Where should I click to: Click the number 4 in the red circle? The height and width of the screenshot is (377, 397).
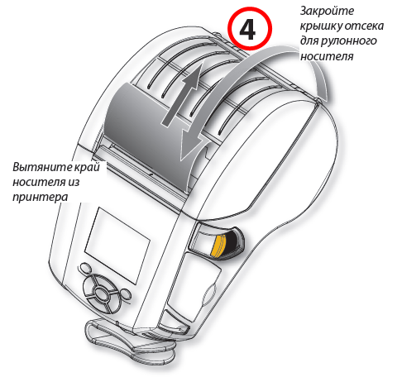click(x=247, y=30)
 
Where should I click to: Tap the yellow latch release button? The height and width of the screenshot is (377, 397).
click(x=218, y=246)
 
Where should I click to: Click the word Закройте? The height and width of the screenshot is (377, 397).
click(x=327, y=11)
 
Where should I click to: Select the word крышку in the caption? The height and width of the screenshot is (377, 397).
click(x=321, y=26)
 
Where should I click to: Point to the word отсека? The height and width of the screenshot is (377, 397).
click(x=364, y=26)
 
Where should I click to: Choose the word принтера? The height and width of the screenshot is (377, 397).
click(x=41, y=198)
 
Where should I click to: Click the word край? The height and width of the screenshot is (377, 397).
click(x=87, y=168)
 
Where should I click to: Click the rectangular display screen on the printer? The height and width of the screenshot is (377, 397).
click(x=117, y=246)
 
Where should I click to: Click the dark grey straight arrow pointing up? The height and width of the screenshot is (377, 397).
click(x=183, y=94)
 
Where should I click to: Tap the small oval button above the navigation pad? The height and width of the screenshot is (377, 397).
click(x=86, y=268)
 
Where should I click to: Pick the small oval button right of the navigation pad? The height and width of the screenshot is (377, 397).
click(x=126, y=294)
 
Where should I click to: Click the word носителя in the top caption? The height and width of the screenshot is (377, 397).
click(x=327, y=56)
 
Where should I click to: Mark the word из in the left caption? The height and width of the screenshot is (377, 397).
click(x=73, y=183)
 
